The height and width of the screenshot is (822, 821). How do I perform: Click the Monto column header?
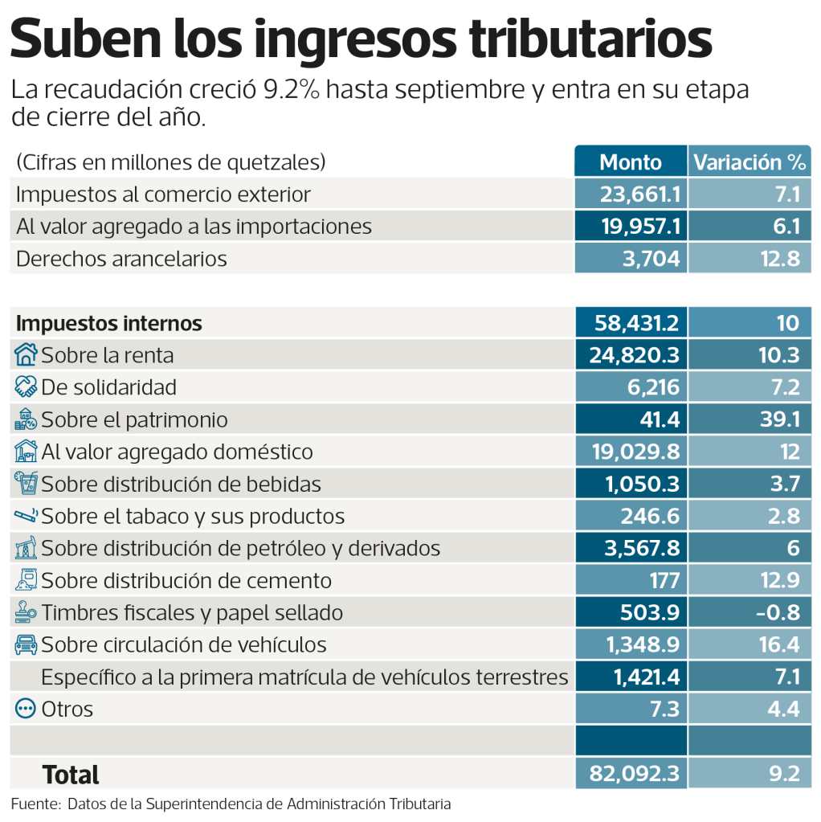(x=631, y=162)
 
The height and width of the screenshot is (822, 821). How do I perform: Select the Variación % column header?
(x=749, y=162)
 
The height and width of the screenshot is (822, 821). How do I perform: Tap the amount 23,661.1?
(x=640, y=194)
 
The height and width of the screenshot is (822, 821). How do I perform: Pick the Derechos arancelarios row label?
(x=121, y=259)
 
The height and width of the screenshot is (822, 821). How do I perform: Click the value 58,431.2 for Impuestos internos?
(x=636, y=323)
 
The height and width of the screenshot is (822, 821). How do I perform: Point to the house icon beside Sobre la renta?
(x=27, y=354)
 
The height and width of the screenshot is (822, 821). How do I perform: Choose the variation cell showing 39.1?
(x=778, y=419)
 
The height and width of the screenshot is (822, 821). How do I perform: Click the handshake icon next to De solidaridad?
(x=27, y=386)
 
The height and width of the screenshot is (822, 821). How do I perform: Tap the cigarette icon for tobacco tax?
(x=27, y=514)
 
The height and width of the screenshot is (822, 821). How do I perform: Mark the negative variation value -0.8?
(x=778, y=612)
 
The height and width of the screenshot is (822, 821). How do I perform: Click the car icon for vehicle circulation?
(x=27, y=644)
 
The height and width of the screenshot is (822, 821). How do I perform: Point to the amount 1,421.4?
(x=647, y=677)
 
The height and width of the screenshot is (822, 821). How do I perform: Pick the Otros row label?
(x=67, y=709)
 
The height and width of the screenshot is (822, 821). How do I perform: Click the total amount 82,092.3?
(x=635, y=773)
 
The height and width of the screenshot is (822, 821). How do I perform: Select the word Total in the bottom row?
(x=71, y=775)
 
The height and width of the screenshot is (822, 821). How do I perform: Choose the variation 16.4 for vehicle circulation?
(x=778, y=644)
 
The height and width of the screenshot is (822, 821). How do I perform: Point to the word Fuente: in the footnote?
(x=35, y=804)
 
